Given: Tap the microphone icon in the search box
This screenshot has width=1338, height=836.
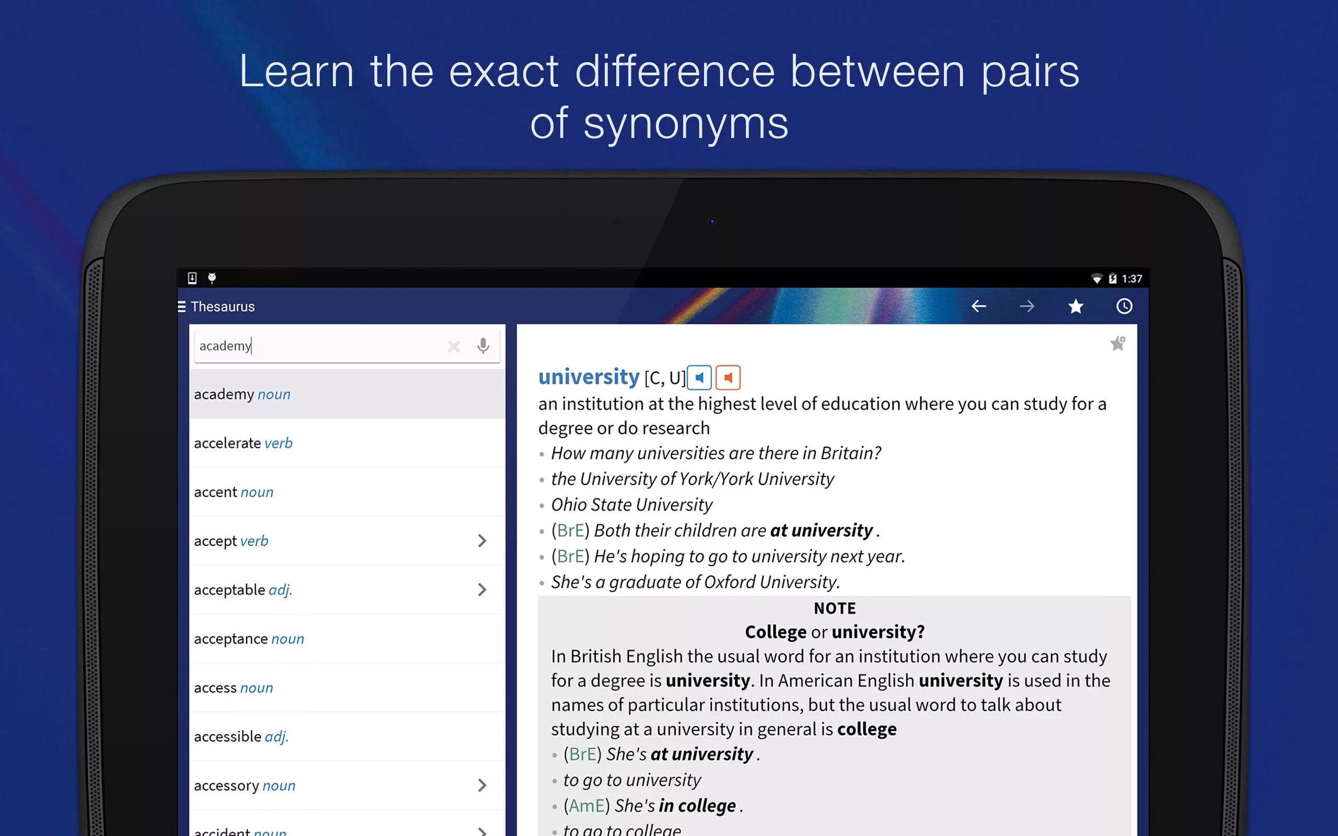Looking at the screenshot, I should pyautogui.click(x=483, y=346).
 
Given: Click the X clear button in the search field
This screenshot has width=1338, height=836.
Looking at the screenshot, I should pyautogui.click(x=453, y=346).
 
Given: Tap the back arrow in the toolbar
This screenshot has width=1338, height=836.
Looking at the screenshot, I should pyautogui.click(x=978, y=306).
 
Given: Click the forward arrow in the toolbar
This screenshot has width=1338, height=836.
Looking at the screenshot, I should pyautogui.click(x=1026, y=306).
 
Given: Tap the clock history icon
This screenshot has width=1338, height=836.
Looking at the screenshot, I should pyautogui.click(x=1124, y=306).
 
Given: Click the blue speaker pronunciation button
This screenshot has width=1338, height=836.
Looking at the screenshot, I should pyautogui.click(x=699, y=378).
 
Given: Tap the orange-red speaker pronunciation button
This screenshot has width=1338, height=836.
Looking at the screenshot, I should pyautogui.click(x=728, y=378).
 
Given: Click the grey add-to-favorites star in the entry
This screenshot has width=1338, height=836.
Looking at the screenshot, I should pyautogui.click(x=1117, y=344).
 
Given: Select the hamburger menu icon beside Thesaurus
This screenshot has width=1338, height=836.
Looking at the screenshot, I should pyautogui.click(x=181, y=306).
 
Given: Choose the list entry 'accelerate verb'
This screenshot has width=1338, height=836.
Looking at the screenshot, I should pyautogui.click(x=243, y=444).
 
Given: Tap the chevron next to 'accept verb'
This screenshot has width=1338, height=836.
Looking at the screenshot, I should pyautogui.click(x=482, y=541).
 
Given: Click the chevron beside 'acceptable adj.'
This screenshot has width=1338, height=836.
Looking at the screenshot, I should pyautogui.click(x=482, y=590).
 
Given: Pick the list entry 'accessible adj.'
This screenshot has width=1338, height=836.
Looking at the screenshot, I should pyautogui.click(x=241, y=737).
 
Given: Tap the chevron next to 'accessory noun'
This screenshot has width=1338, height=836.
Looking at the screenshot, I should pyautogui.click(x=482, y=786).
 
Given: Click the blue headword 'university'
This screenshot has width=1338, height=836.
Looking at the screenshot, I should pyautogui.click(x=589, y=377).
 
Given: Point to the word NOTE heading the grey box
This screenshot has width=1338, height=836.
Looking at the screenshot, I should pyautogui.click(x=834, y=609).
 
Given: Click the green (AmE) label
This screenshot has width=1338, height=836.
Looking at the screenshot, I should pyautogui.click(x=586, y=806).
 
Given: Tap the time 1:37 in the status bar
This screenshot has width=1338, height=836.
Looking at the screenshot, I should pyautogui.click(x=1132, y=279).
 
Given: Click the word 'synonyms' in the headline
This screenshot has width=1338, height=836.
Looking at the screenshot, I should pyautogui.click(x=686, y=124).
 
